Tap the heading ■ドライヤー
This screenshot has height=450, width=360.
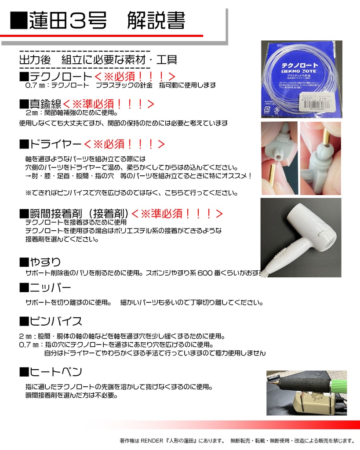coord(51,144)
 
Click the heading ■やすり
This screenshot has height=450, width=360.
coord(40,262)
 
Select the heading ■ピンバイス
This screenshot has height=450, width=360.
coord(51,320)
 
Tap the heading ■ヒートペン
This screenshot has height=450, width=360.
coord(51,372)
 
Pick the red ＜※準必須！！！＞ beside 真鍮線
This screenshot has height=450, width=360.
coord(108,104)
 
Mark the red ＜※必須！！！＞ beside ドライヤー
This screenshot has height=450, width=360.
coord(124,144)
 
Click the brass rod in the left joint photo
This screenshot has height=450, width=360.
coord(271,178)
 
